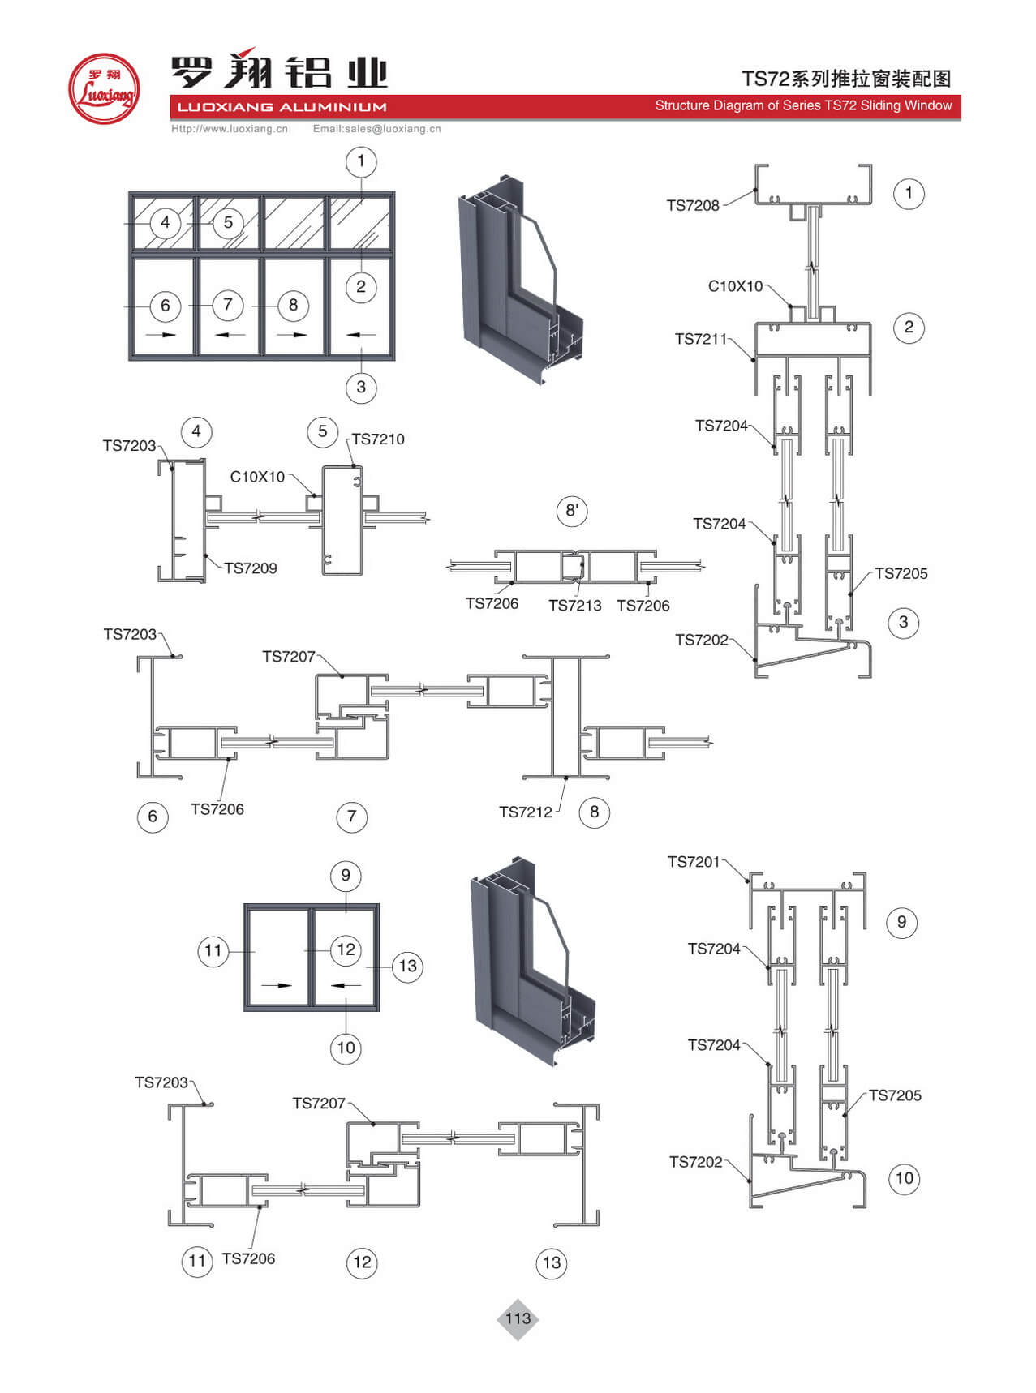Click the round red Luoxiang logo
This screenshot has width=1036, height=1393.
(x=104, y=89)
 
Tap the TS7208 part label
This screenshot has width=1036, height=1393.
(x=693, y=205)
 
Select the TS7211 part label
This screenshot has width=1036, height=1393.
(x=701, y=339)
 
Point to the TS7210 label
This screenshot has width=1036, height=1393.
(x=378, y=439)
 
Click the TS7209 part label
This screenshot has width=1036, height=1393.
(x=251, y=568)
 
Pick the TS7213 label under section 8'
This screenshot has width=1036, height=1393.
(x=574, y=606)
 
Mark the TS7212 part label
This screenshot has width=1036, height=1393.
(x=525, y=812)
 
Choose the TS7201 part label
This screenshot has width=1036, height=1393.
(x=694, y=862)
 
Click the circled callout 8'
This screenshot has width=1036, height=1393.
(x=572, y=511)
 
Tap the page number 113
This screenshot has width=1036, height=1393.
(x=518, y=1318)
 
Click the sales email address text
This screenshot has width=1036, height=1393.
(x=377, y=129)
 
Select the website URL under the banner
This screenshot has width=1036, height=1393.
(x=230, y=129)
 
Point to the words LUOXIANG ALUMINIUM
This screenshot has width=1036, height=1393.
(x=282, y=107)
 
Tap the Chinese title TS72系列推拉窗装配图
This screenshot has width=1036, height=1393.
(x=845, y=79)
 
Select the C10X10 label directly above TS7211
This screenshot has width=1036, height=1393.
(x=735, y=286)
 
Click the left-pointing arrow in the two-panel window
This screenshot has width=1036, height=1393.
(x=346, y=985)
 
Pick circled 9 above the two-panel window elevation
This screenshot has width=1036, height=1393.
(x=346, y=875)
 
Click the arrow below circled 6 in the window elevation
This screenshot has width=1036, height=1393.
(x=165, y=334)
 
